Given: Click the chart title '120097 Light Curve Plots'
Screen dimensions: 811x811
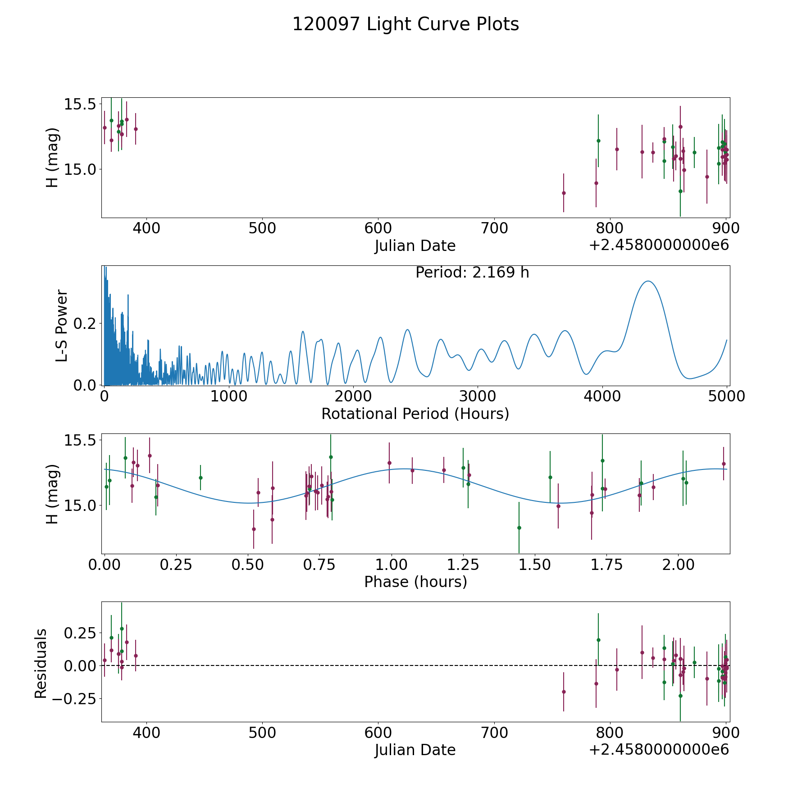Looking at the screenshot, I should click(x=405, y=24).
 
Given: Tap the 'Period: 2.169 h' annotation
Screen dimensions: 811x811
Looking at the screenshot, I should click(x=472, y=273).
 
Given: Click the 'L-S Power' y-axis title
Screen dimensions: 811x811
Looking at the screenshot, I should click(x=62, y=326).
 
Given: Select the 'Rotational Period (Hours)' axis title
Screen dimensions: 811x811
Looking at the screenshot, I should click(x=415, y=414).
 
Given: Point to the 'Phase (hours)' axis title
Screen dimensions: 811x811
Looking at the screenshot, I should click(x=415, y=582).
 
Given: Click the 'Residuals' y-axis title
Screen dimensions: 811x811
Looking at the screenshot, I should click(x=41, y=663).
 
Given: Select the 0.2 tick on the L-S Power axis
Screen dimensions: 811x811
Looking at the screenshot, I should click(x=86, y=323).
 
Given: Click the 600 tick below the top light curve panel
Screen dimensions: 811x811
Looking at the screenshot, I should click(x=378, y=228).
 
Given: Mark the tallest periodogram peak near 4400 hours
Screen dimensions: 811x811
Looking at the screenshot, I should click(x=648, y=281).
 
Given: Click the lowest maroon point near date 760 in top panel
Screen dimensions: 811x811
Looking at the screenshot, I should click(x=564, y=193).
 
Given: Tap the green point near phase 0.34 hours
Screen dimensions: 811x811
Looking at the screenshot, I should click(x=200, y=478).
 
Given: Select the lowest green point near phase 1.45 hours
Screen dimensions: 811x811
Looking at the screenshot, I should click(x=519, y=528).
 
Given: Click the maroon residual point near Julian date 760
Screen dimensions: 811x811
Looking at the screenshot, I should click(x=564, y=692).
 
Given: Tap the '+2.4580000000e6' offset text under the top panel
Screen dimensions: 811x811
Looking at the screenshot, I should click(x=659, y=246).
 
